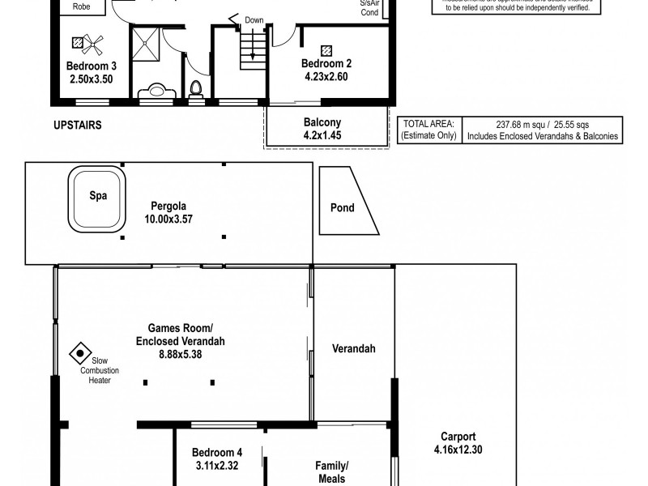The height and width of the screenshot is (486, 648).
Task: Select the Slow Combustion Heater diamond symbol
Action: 79,352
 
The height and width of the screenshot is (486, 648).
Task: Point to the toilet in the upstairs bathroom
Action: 196,90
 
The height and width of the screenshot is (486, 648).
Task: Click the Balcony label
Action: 322,122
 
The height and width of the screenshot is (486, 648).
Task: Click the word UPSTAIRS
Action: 79,126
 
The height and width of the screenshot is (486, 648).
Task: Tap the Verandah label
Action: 353,349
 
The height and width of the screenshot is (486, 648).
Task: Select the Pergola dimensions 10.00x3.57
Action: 164,219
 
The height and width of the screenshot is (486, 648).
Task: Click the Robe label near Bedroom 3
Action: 81,6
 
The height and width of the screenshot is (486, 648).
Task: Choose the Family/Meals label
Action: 331,471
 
